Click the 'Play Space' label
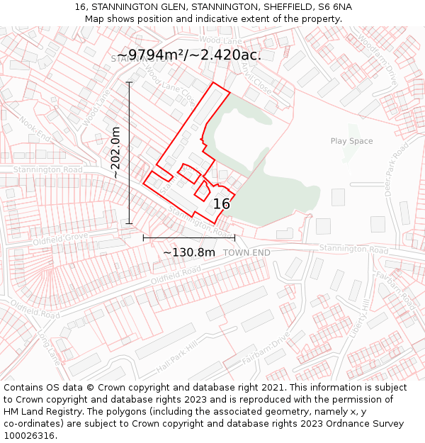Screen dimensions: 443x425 (x=351, y=141)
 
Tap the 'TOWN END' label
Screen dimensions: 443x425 (x=246, y=253)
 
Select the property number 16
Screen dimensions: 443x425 (x=222, y=204)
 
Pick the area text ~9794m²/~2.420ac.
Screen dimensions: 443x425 (x=188, y=55)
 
